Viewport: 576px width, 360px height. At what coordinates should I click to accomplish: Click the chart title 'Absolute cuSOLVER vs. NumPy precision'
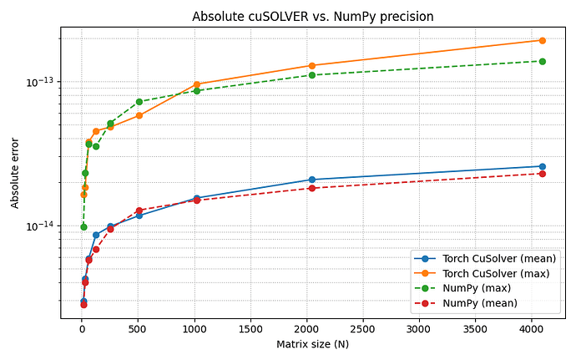[x=312, y=17]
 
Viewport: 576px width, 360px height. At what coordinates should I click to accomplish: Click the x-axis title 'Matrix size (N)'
[x=312, y=344]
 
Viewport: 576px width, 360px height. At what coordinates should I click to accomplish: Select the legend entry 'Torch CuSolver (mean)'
[x=499, y=259]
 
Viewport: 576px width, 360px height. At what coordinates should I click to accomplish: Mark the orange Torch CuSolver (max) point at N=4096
[x=542, y=40]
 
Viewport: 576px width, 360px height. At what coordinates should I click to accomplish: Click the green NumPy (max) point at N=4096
[x=542, y=61]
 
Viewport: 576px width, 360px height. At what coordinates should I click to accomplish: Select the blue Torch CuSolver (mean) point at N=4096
[x=542, y=166]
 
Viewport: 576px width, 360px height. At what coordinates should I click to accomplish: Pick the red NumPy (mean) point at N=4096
[x=542, y=173]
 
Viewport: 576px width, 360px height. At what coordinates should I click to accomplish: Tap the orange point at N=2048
[x=311, y=65]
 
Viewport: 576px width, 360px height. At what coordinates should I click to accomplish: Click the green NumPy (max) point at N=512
[x=139, y=102]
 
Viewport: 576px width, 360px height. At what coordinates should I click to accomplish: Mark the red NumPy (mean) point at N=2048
[x=311, y=188]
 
